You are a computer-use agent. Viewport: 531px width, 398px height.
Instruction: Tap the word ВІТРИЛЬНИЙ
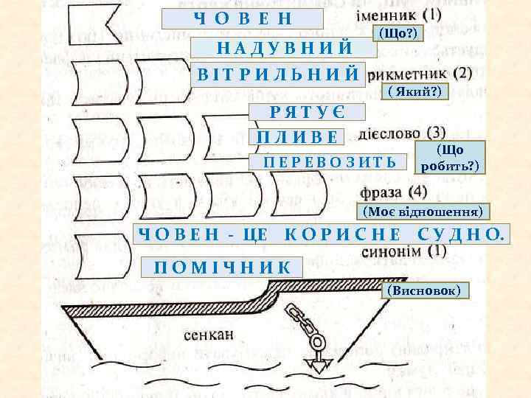278,74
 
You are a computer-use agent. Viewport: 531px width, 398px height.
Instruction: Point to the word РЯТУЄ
306,113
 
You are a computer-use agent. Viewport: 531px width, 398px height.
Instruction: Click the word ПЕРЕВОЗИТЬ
329,162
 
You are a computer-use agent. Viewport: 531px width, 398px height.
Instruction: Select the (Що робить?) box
449,157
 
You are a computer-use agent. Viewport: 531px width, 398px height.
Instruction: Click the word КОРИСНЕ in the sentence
342,235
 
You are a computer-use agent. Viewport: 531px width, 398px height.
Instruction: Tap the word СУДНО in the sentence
457,235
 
